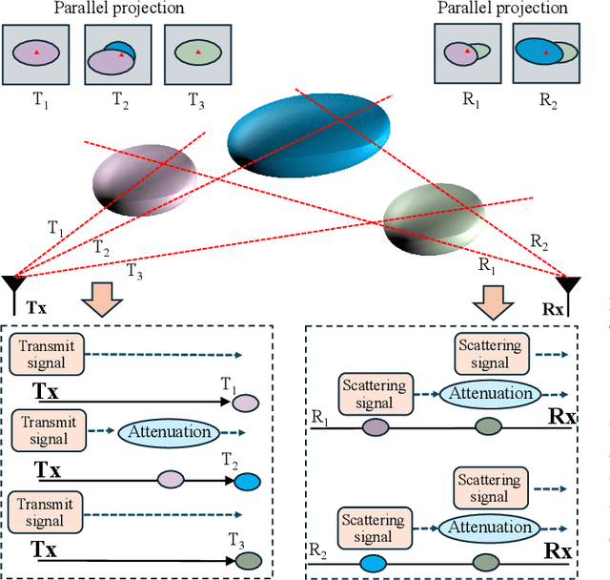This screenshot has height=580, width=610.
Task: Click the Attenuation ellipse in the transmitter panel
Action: pos(168,432)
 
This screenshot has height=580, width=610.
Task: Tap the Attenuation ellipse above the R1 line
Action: pos(490,393)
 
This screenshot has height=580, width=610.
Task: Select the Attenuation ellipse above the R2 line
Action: pos(490,527)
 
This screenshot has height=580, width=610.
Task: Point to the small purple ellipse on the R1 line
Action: pos(374,428)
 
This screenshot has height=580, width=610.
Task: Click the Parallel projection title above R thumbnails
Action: pos(502,9)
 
